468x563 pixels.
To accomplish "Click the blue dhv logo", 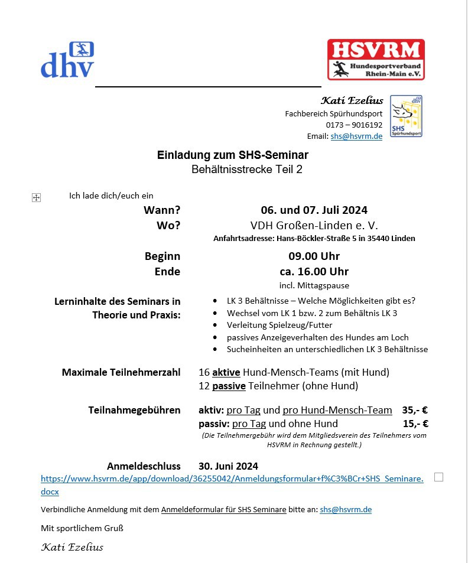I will [67, 60].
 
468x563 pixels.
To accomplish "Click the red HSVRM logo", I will [376, 60].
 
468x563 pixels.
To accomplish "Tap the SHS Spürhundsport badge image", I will [406, 116].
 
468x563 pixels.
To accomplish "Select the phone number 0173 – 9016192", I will [354, 125].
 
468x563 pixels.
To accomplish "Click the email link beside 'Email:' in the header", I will [356, 136].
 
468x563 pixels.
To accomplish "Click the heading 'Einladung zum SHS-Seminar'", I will [233, 155].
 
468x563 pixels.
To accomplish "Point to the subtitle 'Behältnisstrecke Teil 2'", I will [233, 170].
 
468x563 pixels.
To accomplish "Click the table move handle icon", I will [36, 197].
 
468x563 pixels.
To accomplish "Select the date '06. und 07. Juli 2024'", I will [314, 210].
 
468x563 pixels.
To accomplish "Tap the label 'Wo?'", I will [168, 225].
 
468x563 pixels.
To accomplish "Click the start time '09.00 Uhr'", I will [314, 256].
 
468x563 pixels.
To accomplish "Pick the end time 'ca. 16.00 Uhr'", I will [314, 272].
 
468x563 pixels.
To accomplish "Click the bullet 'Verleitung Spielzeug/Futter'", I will [279, 325].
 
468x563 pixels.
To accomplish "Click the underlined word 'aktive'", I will [226, 372].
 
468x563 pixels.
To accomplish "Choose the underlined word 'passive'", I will [229, 386].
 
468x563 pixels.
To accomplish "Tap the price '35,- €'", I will [415, 410].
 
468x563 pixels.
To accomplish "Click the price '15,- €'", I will [415, 424].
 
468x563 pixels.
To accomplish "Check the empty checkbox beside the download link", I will [438, 477].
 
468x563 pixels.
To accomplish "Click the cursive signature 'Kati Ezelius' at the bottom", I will [72, 547].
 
